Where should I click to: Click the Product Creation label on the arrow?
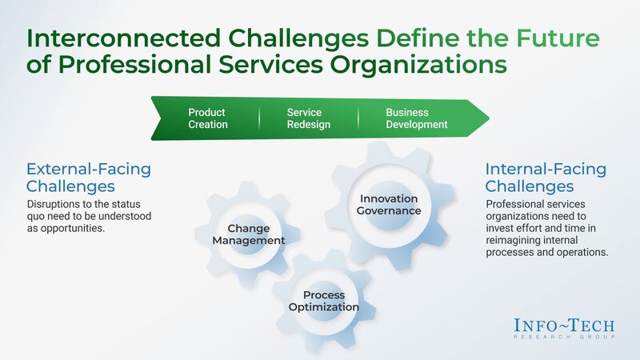click(x=208, y=118)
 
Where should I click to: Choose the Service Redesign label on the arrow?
click(x=308, y=118)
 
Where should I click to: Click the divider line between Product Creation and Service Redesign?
click(x=259, y=118)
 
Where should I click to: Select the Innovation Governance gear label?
click(x=390, y=205)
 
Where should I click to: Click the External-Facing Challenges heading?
click(x=88, y=178)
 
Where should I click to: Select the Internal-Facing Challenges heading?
click(x=546, y=178)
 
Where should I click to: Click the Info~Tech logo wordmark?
click(x=565, y=324)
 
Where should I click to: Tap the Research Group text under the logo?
click(x=565, y=337)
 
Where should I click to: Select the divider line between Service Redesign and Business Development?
click(x=358, y=118)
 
